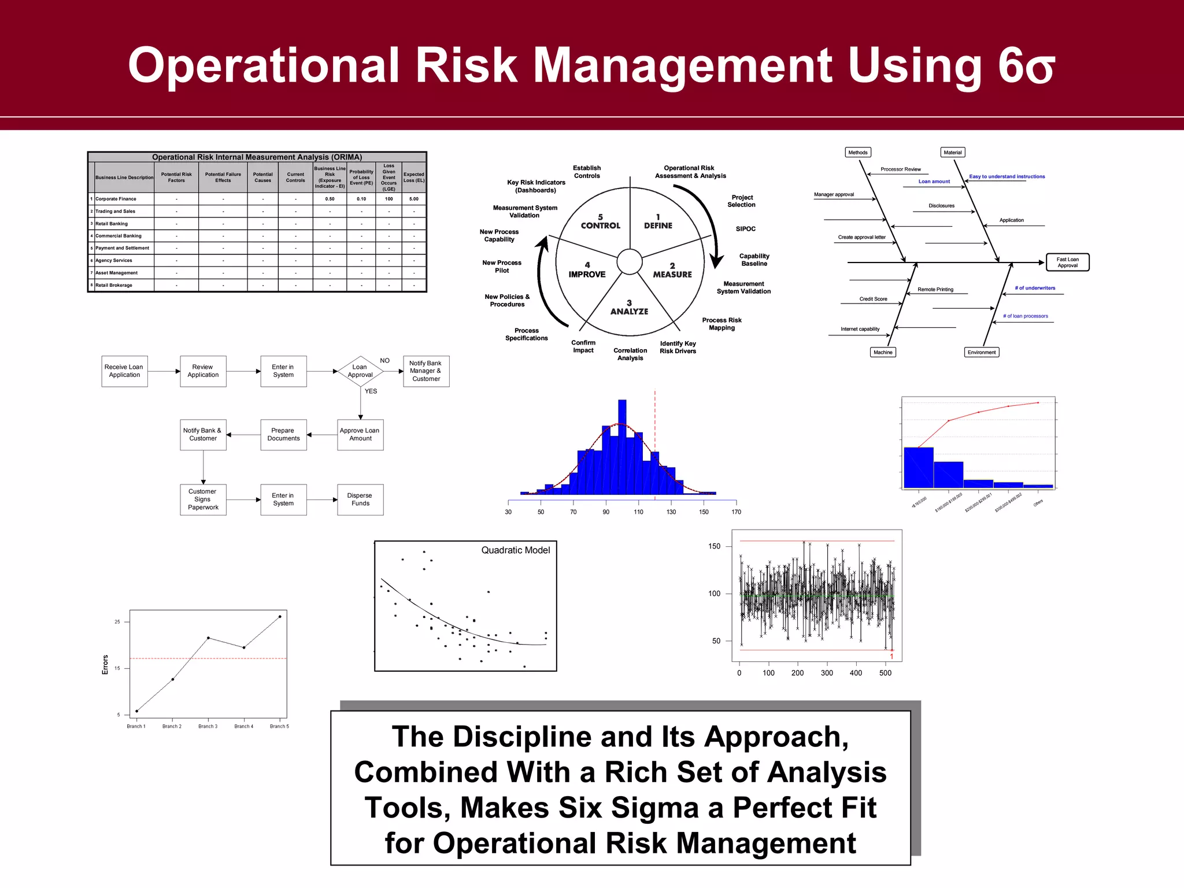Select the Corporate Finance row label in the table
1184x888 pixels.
click(116, 199)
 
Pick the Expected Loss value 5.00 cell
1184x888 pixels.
click(414, 199)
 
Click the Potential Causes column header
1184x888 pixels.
click(262, 177)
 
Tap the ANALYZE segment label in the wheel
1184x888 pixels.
click(629, 311)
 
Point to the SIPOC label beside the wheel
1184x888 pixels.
click(745, 229)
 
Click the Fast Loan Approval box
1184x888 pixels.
click(1067, 262)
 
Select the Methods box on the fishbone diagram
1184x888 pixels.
click(857, 153)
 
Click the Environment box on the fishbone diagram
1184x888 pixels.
click(981, 352)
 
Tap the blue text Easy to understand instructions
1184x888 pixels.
click(1007, 176)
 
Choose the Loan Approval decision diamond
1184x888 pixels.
click(360, 371)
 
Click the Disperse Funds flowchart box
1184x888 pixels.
click(360, 499)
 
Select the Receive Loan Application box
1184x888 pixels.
click(124, 371)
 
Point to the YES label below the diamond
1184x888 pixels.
click(371, 391)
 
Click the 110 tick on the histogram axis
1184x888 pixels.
click(638, 512)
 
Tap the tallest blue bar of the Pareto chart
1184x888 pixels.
click(918, 467)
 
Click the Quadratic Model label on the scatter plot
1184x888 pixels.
click(515, 550)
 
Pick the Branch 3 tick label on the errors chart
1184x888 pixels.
click(208, 727)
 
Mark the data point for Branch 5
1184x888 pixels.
click(280, 617)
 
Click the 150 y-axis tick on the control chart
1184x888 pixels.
click(714, 546)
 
